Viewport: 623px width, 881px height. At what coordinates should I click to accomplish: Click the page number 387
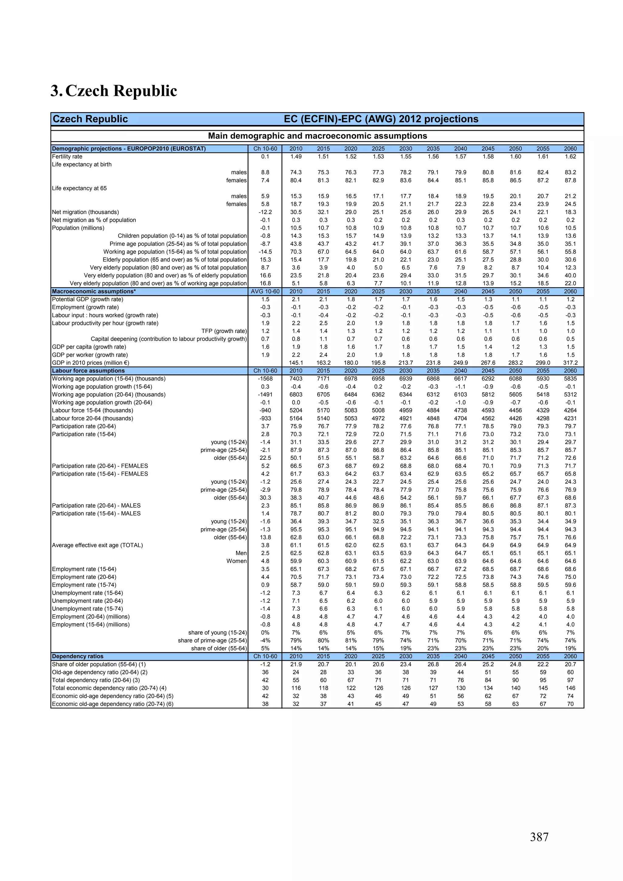539,837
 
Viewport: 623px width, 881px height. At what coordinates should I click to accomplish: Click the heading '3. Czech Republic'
114,91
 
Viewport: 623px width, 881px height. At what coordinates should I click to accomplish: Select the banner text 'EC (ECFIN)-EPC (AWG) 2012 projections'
381,119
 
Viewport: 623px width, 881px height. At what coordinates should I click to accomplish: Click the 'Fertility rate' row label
67,157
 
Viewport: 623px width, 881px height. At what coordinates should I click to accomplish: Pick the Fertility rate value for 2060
570,157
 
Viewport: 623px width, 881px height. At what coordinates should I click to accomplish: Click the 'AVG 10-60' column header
265,291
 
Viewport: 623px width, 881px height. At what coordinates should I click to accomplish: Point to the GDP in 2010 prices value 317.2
570,362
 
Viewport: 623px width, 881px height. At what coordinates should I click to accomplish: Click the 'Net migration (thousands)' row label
85,212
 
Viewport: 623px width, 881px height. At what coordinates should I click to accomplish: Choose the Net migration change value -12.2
265,212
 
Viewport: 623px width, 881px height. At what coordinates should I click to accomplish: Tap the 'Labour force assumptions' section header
88,371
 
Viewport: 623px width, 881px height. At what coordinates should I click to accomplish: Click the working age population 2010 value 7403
296,379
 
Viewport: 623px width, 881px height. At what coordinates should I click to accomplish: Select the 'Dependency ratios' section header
78,656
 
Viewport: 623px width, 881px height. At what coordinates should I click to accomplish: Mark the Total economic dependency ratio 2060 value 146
570,688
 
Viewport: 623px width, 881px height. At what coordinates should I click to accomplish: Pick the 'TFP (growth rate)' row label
224,331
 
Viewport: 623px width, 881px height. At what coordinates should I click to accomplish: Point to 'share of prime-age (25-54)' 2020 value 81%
350,640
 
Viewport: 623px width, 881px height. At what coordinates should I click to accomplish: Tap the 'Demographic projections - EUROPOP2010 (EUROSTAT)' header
129,148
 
